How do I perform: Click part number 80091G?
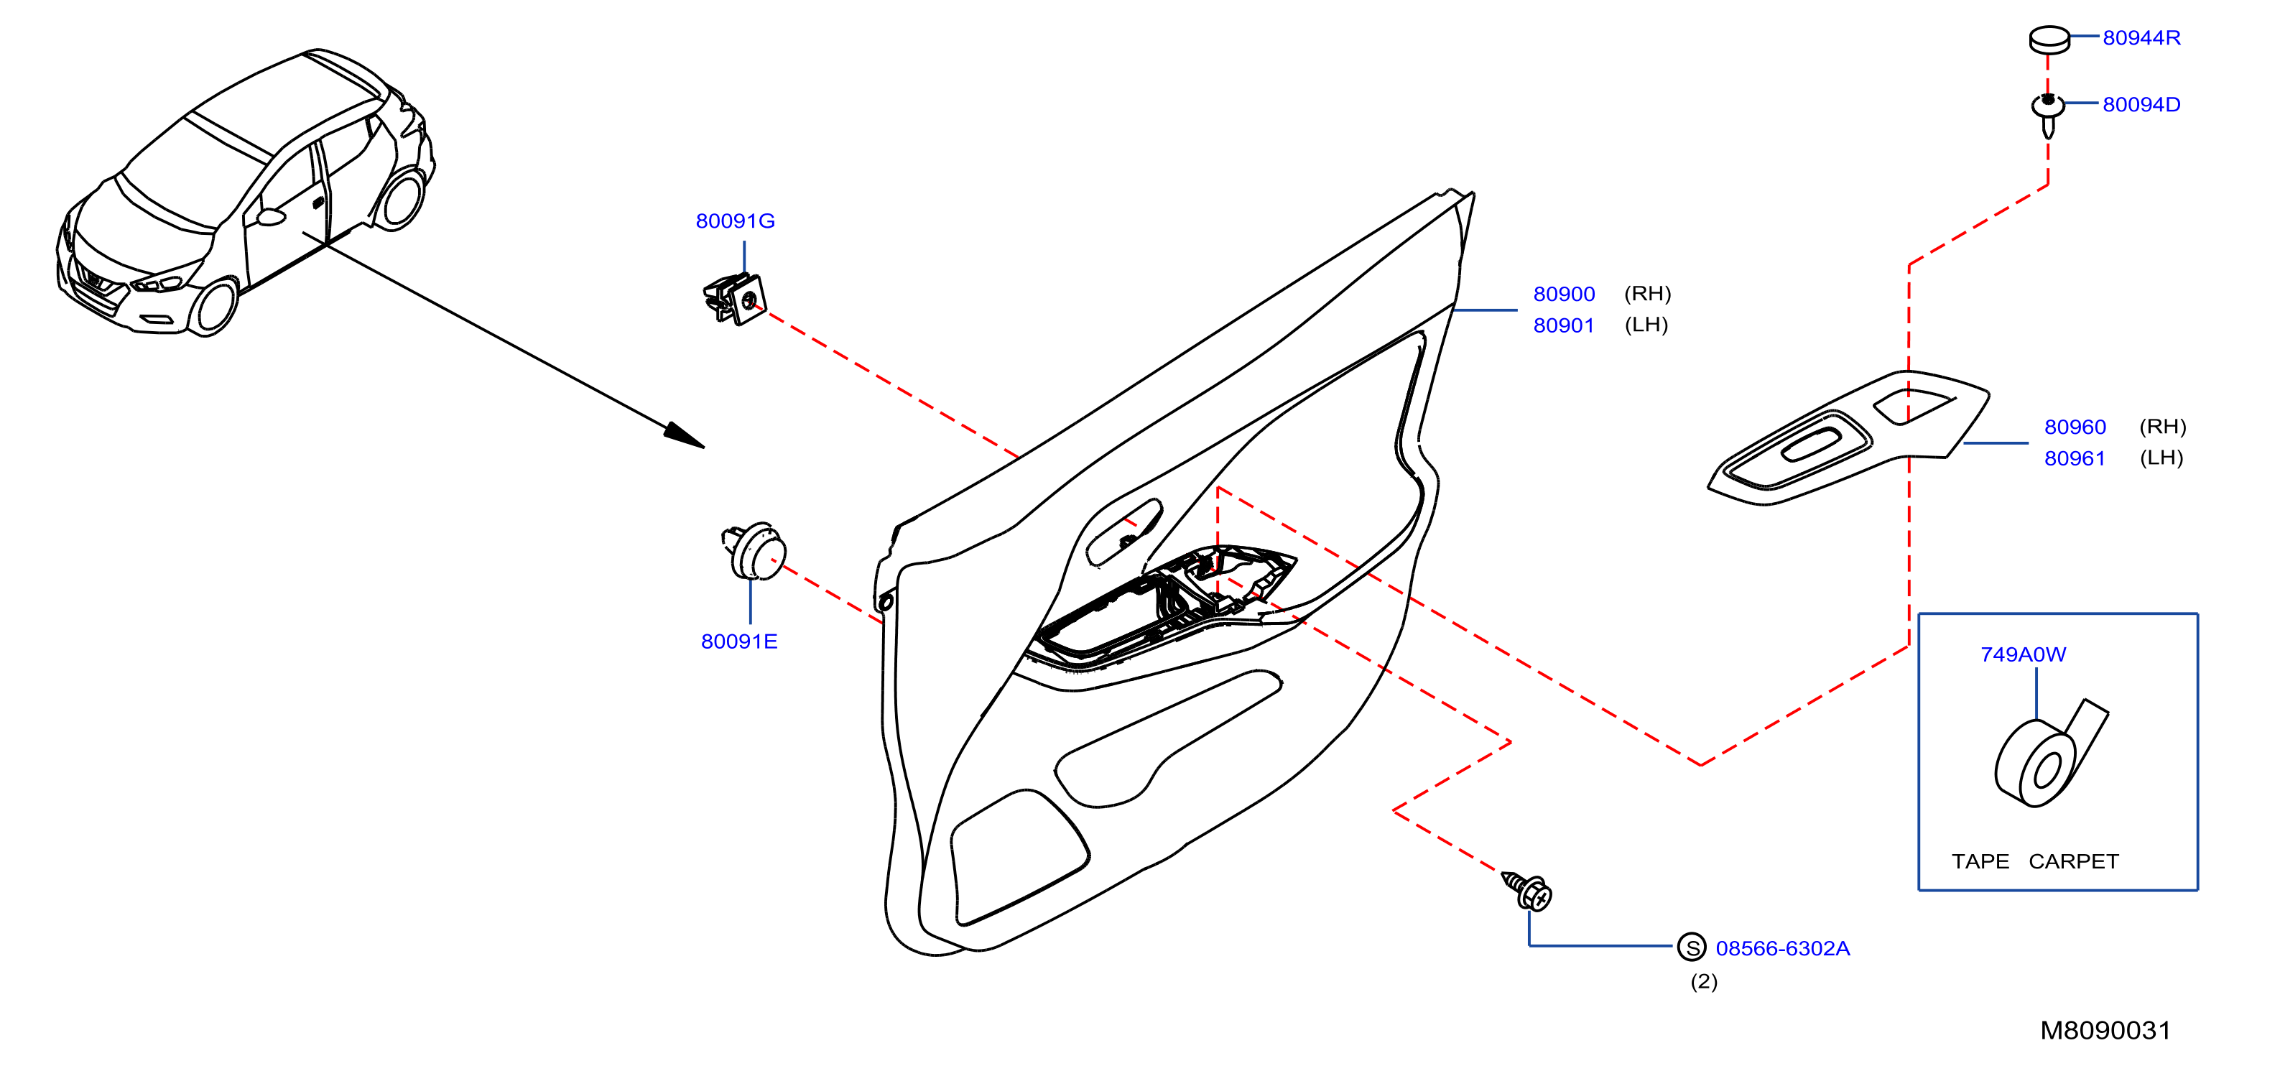tap(735, 221)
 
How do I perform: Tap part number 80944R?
tap(2141, 37)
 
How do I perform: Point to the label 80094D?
tap(2141, 104)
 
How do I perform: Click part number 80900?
tap(1564, 294)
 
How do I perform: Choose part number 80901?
tap(1564, 326)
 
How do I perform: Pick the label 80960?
tap(2075, 427)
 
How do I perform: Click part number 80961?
tap(2075, 458)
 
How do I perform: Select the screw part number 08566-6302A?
tap(1783, 948)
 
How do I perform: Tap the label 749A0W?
tap(2024, 654)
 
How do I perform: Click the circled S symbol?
tap(1692, 947)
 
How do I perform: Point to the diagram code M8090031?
tap(2105, 1031)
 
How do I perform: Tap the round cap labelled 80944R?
tap(2049, 40)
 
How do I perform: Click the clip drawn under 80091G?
tap(735, 300)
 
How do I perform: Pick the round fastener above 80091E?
tap(754, 551)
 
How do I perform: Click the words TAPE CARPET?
tap(2035, 861)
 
